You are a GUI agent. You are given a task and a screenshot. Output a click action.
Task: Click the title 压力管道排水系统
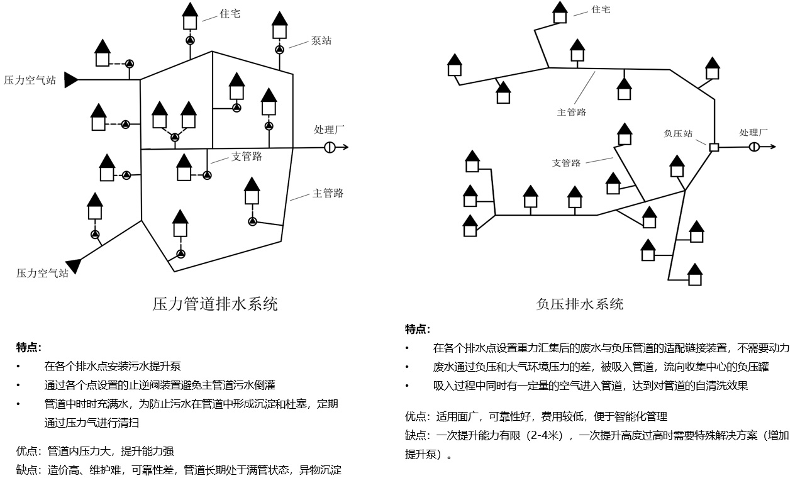[x=215, y=305]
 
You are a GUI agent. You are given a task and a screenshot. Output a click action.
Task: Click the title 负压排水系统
[x=579, y=304]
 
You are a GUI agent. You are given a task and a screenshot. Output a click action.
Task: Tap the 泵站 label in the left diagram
[x=321, y=41]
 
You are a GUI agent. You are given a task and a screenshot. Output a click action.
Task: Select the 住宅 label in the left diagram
[x=230, y=13]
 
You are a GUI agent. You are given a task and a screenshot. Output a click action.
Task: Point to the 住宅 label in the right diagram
[x=601, y=9]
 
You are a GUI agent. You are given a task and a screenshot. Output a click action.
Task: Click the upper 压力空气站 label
[x=30, y=81]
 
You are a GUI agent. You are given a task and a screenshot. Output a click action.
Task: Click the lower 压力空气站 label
[x=42, y=274]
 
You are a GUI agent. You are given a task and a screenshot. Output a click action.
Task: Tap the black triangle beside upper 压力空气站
[x=71, y=80]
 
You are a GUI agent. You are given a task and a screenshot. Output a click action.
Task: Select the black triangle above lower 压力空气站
[x=75, y=265]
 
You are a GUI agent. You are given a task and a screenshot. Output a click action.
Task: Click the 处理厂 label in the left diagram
[x=329, y=130]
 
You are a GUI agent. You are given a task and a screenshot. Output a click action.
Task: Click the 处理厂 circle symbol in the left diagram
[x=330, y=147]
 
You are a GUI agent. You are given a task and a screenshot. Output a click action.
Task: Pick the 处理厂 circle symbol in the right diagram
[x=754, y=147]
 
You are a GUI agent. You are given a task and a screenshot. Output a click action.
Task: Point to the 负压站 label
[x=678, y=133]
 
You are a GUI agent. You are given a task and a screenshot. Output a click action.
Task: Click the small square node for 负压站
[x=714, y=147]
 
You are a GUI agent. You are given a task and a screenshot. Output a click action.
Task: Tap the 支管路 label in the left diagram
[x=247, y=157]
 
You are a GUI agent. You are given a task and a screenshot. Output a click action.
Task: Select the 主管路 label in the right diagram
[x=571, y=112]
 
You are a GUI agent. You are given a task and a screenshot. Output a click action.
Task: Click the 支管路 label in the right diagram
[x=566, y=163]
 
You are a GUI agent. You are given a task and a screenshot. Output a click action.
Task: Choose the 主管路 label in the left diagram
[x=328, y=193]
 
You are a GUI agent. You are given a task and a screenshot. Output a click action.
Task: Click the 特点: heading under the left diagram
[x=29, y=347]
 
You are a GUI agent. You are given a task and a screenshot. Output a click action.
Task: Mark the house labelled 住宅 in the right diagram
[x=560, y=13]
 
